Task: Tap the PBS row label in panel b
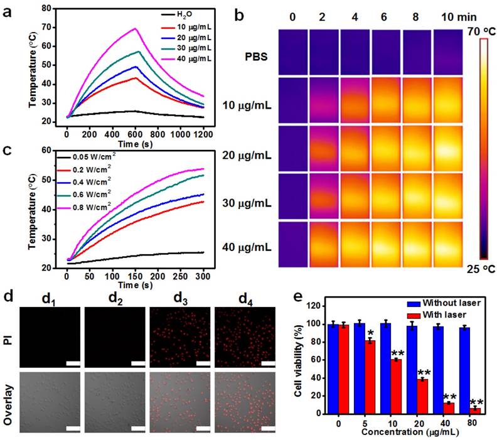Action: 257,56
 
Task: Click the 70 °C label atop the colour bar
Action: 479,29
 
